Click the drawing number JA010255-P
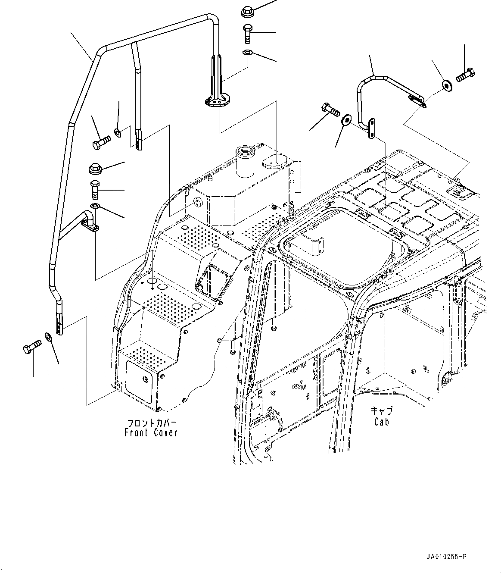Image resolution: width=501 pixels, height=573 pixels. (x=445, y=557)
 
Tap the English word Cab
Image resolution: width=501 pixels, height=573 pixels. (x=381, y=422)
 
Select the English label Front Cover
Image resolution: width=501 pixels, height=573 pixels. (x=151, y=432)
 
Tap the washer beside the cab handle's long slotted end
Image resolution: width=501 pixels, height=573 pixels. (x=446, y=85)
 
